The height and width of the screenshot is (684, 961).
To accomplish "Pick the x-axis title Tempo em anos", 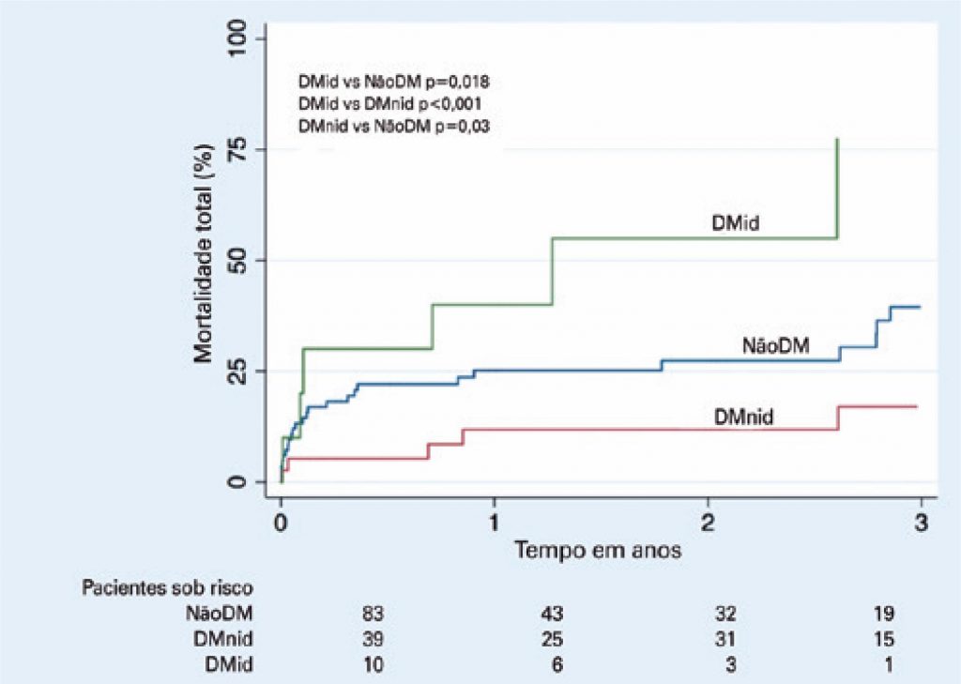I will tap(597, 551).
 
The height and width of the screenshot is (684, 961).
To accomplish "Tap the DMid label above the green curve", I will tap(735, 223).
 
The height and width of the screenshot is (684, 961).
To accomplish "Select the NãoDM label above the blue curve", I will tap(775, 346).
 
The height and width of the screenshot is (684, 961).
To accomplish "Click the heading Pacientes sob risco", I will tap(168, 588).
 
